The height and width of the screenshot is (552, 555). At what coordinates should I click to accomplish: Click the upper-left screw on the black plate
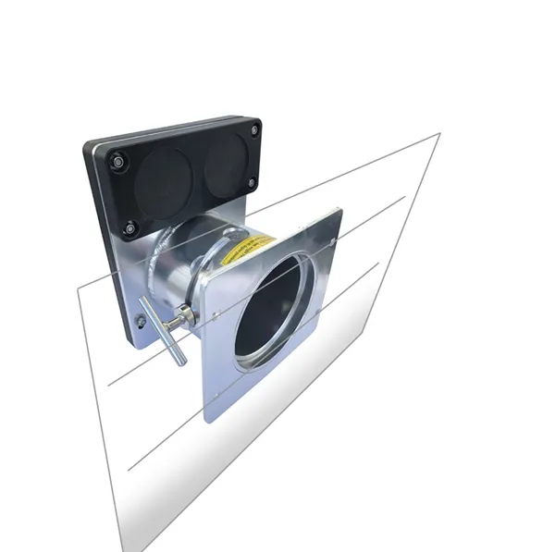[x=117, y=162]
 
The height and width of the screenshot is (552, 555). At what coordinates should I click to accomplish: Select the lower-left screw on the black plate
[x=130, y=226]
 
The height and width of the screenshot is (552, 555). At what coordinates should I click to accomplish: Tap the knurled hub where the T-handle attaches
[x=187, y=315]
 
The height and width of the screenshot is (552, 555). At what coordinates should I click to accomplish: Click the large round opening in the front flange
[x=273, y=310]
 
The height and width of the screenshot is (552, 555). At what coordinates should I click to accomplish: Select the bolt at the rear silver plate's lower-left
[x=141, y=322]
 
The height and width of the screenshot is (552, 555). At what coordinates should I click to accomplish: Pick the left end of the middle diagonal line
[x=109, y=382]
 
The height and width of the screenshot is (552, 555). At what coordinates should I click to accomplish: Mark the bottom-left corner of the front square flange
[x=204, y=421]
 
